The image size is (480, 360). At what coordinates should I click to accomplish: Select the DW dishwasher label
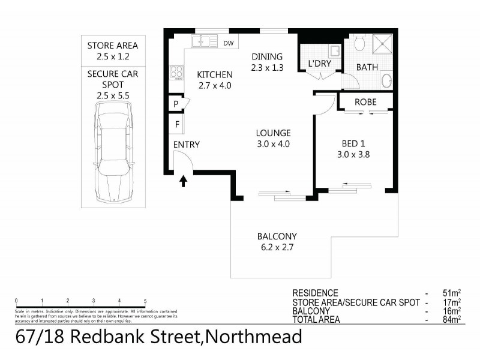[x=228, y=43]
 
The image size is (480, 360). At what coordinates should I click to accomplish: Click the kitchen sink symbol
[x=203, y=42]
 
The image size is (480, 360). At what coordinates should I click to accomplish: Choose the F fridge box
[x=177, y=125]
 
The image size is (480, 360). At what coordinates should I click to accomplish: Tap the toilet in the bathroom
[x=359, y=43]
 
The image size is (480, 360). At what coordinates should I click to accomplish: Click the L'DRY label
[x=319, y=64]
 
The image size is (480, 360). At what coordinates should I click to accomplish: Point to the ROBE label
[x=365, y=102]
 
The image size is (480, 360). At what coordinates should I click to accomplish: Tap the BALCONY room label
[x=277, y=236]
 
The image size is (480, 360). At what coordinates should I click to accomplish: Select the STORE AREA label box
[x=112, y=51]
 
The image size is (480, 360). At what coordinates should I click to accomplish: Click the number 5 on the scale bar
[x=145, y=300]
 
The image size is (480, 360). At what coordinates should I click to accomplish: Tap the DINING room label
[x=267, y=57]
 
